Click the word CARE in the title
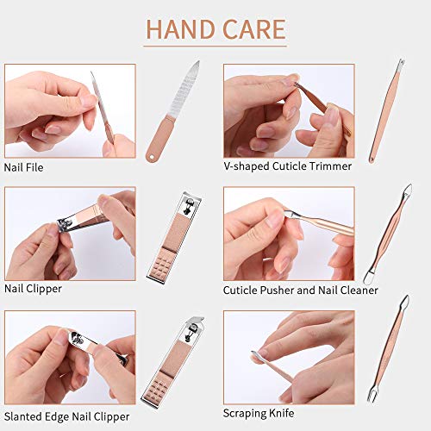pyautogui.click(x=253, y=29)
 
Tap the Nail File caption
pyautogui.click(x=24, y=166)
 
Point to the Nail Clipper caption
pyautogui.click(x=33, y=289)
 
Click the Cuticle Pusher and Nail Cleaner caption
pyautogui.click(x=300, y=290)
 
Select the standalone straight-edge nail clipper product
pyautogui.click(x=191, y=235)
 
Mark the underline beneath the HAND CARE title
pyautogui.click(x=215, y=47)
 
